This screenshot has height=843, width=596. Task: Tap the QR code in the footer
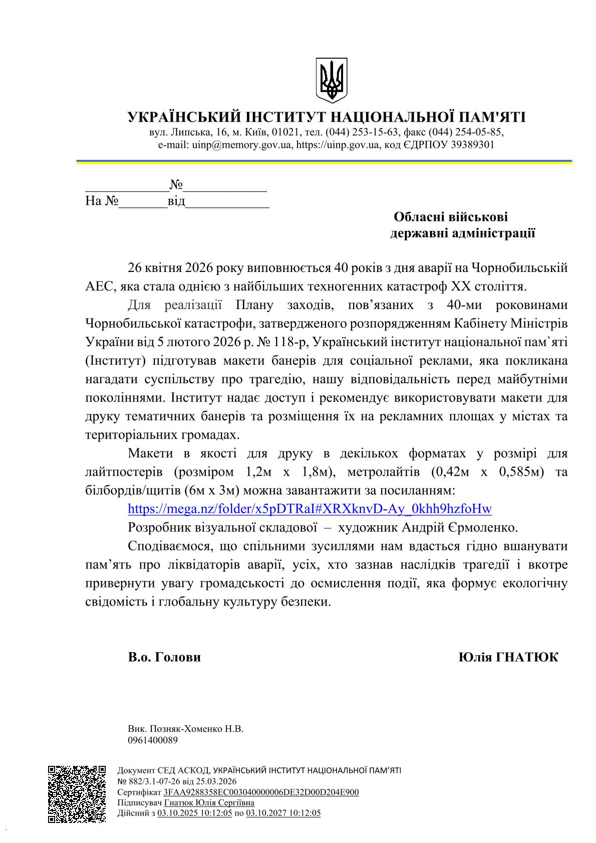coord(77,794)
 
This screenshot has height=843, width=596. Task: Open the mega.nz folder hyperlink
coord(310,509)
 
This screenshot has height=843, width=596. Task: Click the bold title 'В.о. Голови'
coord(164,657)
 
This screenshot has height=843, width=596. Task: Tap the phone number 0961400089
coord(153,740)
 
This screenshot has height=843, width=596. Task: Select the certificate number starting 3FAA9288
coord(261,792)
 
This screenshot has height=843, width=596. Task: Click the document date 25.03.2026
coord(216,781)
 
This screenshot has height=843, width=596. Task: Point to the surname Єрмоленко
coord(484,527)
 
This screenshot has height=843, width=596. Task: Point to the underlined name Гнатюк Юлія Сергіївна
coord(209,802)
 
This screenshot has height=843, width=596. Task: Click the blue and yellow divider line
coord(324,162)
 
